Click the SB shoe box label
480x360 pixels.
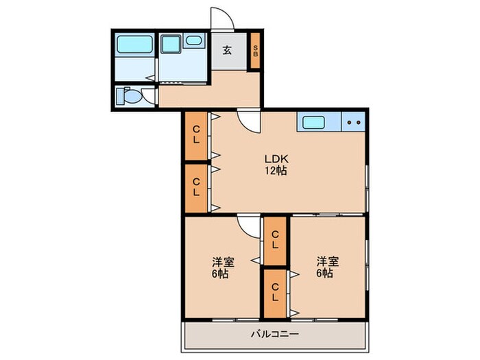click(255, 51)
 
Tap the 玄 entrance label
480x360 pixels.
click(227, 50)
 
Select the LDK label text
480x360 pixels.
click(276, 159)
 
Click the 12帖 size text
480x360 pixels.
click(276, 171)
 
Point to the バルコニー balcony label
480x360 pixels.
click(275, 334)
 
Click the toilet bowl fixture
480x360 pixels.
click(131, 97)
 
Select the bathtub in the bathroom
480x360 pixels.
click(134, 45)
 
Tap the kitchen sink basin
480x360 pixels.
click(313, 123)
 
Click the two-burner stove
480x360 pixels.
click(354, 122)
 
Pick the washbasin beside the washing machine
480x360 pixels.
click(193, 40)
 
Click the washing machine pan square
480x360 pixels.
click(171, 45)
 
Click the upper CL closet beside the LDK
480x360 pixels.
click(196, 136)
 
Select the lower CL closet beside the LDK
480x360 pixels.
click(196, 188)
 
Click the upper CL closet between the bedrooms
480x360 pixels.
click(275, 241)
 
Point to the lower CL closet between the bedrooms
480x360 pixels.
click(275, 293)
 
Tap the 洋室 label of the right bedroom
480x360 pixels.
click(328, 262)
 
